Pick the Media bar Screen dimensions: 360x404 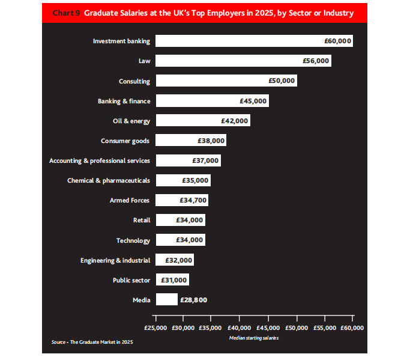pyautogui.click(x=166, y=299)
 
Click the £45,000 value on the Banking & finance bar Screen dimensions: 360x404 pyautogui.click(x=253, y=101)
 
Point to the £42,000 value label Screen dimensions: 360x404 pyautogui.click(x=234, y=121)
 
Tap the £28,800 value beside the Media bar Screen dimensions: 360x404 pyautogui.click(x=194, y=299)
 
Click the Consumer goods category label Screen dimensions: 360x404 pyautogui.click(x=125, y=141)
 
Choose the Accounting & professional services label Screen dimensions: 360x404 pyautogui.click(x=100, y=160)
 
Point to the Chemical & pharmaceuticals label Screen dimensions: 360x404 pyautogui.click(x=109, y=180)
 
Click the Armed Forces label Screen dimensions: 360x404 pyautogui.click(x=130, y=200)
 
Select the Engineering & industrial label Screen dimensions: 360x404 pyautogui.click(x=115, y=260)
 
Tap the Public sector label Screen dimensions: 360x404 pyautogui.click(x=131, y=280)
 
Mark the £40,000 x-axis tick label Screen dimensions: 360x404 pyautogui.click(x=240, y=328)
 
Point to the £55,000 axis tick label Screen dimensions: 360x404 pyautogui.click(x=325, y=328)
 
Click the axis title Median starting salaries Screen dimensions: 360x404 pyautogui.click(x=254, y=338)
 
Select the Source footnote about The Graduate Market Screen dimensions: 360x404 pyautogui.click(x=92, y=342)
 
